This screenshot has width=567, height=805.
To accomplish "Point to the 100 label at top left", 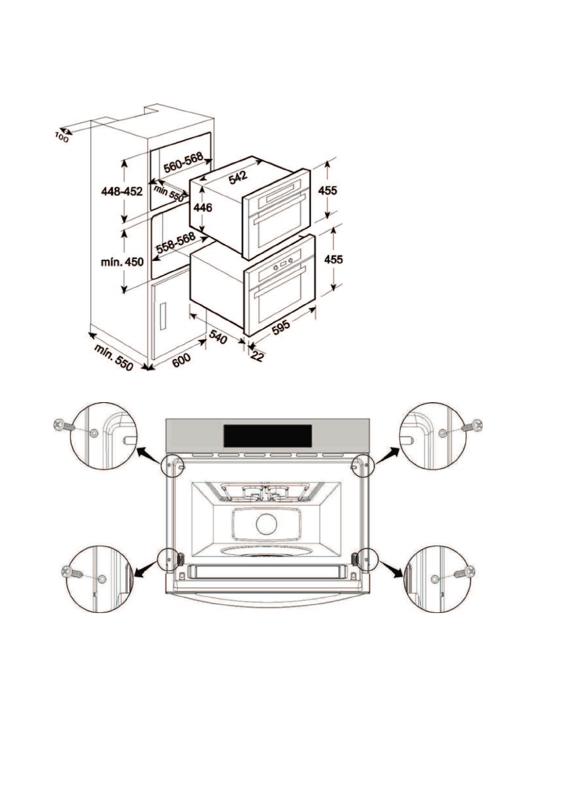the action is coord(62,137).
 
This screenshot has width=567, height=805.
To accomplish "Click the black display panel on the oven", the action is coord(268,435).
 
